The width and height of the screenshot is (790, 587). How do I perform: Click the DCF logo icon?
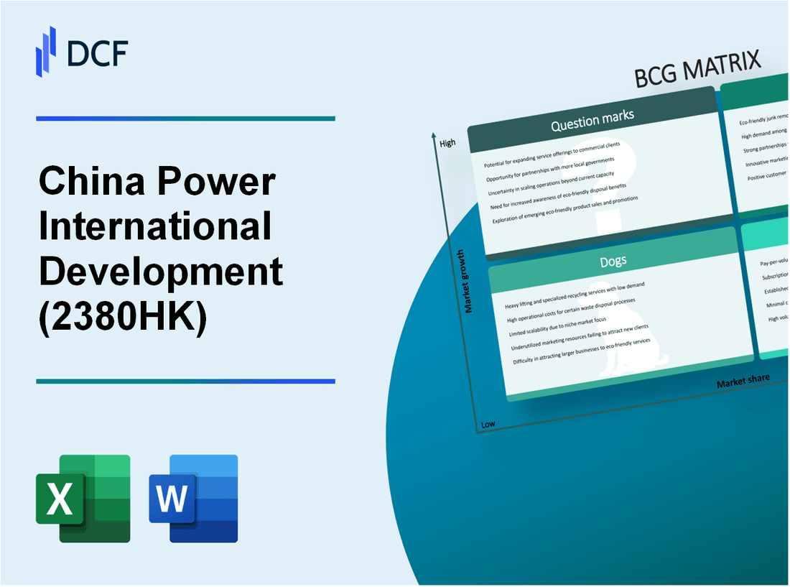[x=46, y=51]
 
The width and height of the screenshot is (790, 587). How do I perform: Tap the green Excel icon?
[x=83, y=498]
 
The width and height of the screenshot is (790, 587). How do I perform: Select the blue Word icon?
[x=194, y=498]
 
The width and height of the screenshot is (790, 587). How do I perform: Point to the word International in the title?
[x=155, y=227]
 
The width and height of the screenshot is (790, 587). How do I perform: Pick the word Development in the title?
[x=160, y=272]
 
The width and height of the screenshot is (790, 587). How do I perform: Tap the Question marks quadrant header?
[x=592, y=123]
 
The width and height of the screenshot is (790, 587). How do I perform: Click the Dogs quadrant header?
[x=614, y=260]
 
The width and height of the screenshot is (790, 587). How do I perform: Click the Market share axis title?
[x=743, y=380]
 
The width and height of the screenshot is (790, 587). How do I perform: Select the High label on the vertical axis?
[x=447, y=143]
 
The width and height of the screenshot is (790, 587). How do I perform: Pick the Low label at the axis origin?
[x=488, y=424]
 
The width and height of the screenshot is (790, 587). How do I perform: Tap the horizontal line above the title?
[x=185, y=119]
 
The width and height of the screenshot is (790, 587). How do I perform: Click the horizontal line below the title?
[x=185, y=382]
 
